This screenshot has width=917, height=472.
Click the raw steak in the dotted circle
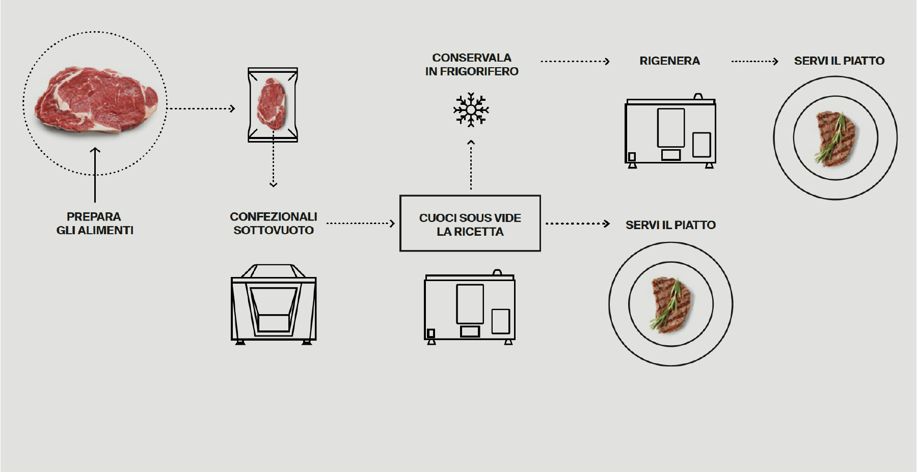[x=96, y=102]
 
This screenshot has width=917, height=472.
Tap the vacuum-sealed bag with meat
[x=273, y=104]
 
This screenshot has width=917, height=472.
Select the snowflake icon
[x=471, y=109]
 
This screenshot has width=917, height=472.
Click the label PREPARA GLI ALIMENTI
[x=95, y=224]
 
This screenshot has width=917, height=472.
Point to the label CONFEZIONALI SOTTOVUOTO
[x=274, y=224]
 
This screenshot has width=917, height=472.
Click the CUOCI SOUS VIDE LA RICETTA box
[x=470, y=224]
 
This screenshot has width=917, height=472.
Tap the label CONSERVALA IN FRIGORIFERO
[x=472, y=65]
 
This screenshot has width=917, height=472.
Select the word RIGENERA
[x=669, y=61]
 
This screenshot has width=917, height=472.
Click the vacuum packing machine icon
[x=274, y=304]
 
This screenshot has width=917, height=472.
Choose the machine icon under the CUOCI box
[x=470, y=308]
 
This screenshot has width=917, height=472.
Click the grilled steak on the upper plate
[x=835, y=138]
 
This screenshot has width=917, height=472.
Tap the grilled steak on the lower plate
[x=670, y=304]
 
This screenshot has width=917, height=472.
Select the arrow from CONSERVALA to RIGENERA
[x=575, y=62]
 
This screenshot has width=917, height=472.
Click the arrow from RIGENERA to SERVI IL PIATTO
[x=754, y=62]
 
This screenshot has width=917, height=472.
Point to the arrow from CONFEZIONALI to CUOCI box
[x=360, y=224]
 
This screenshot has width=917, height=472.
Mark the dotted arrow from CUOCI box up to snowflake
[x=471, y=165]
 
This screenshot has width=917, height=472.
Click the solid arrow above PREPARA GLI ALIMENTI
[x=95, y=175]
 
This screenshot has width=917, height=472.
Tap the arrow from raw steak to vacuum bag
[x=201, y=108]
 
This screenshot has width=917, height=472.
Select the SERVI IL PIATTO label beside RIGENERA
[x=839, y=61]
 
